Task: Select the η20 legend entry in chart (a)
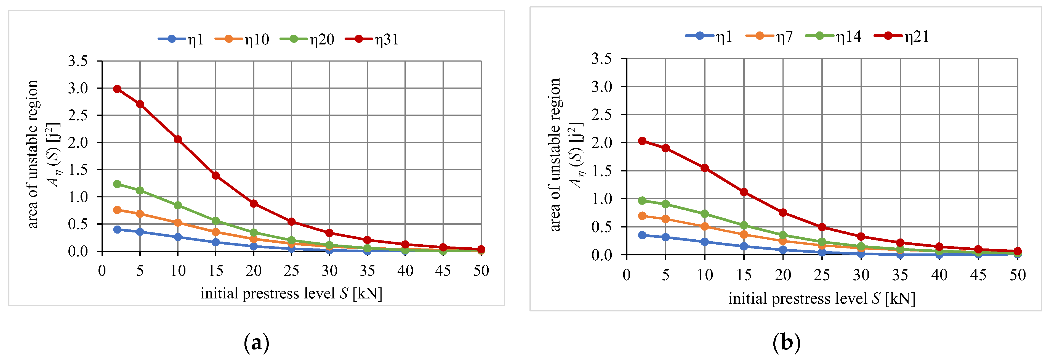[307, 39]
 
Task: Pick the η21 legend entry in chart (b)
[902, 37]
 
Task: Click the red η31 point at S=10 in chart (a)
[178, 139]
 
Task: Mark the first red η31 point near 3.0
[117, 89]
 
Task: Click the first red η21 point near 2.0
[642, 141]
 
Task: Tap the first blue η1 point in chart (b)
[642, 235]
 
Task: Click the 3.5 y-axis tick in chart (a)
[78, 61]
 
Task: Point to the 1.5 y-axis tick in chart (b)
[601, 171]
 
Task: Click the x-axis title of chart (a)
[291, 294]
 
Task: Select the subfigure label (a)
[257, 343]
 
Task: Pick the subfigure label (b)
[786, 343]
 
